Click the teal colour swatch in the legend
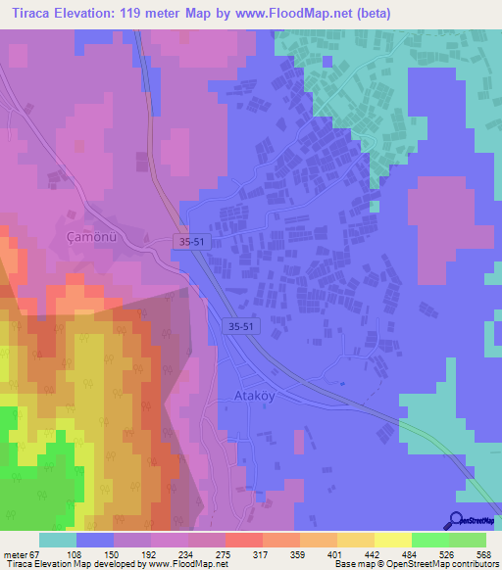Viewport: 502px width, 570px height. (x=58, y=540)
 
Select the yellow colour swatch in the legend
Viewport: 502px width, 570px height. (x=393, y=540)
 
